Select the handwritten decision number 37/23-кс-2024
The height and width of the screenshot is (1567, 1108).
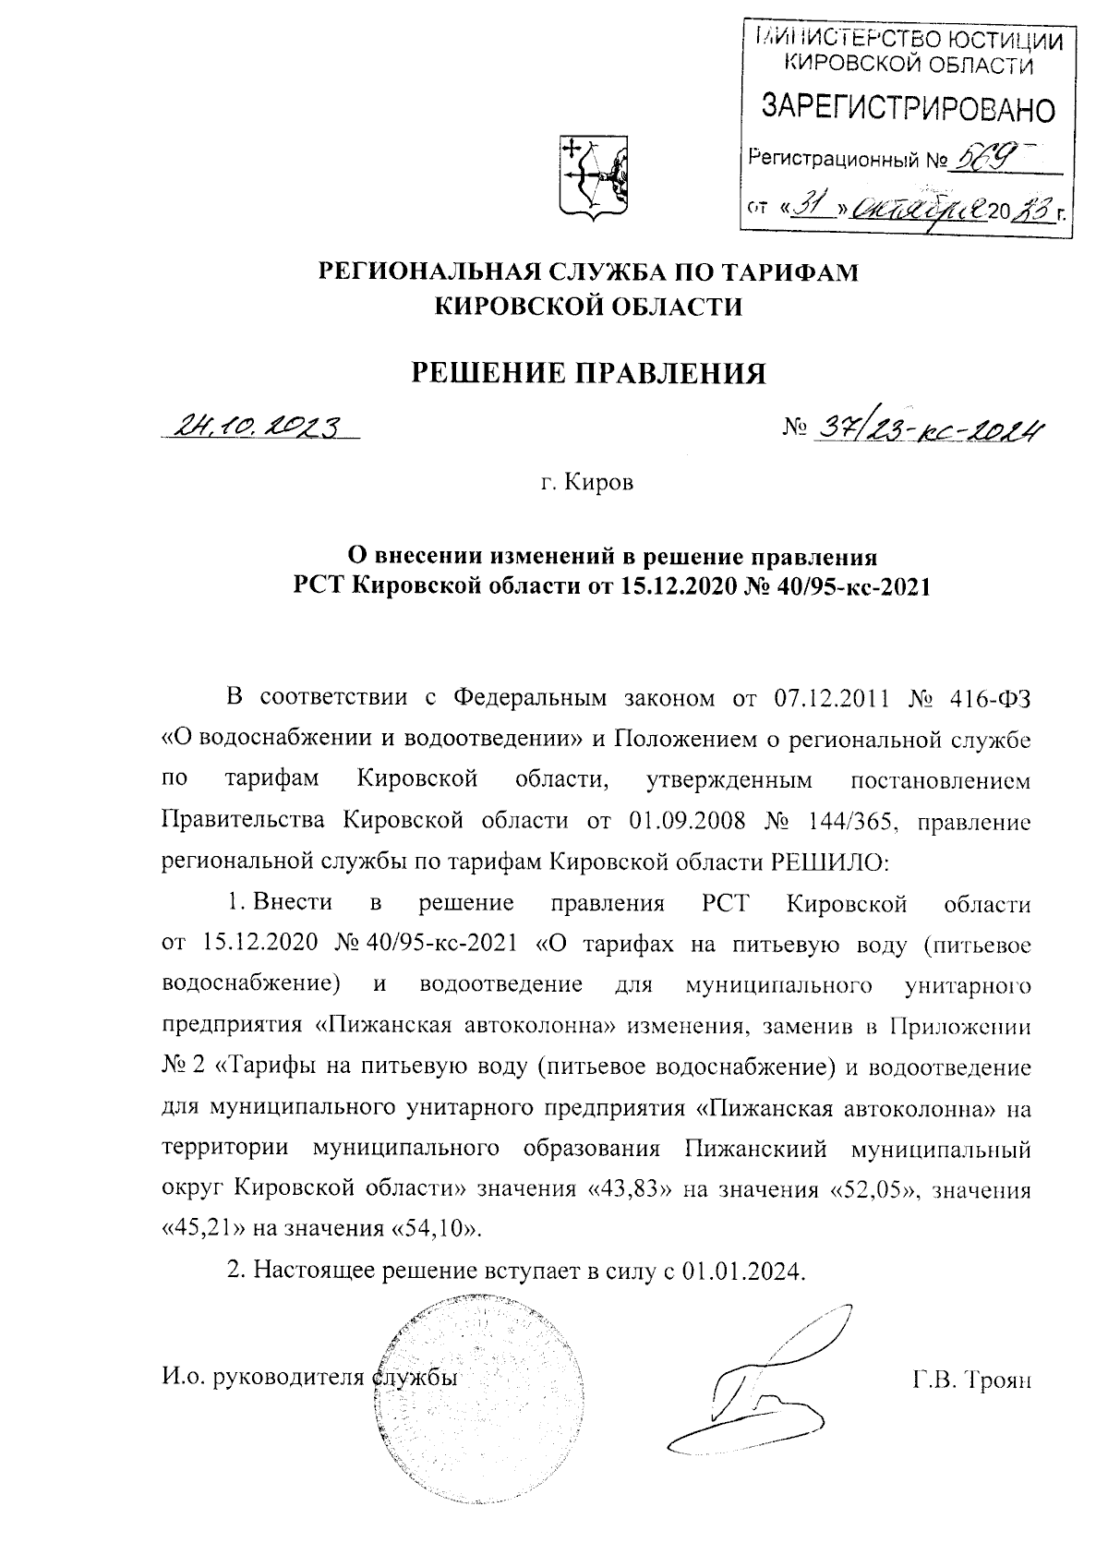[926, 426]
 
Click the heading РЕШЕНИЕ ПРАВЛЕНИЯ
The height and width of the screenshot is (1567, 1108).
[589, 373]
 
